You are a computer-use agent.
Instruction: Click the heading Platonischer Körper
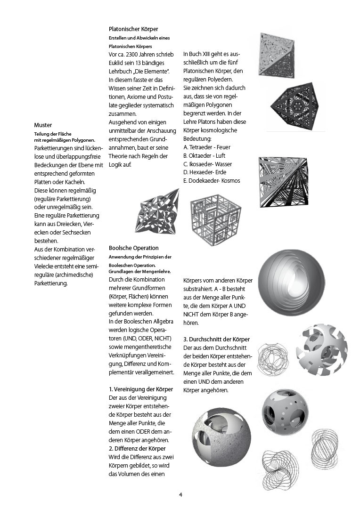click(x=133, y=29)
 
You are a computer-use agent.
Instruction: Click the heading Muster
click(x=42, y=125)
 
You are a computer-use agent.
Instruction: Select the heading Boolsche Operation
click(x=133, y=248)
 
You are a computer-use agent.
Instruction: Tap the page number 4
click(x=180, y=494)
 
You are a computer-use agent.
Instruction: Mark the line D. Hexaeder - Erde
click(x=205, y=172)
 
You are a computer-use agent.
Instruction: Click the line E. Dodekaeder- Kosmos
click(x=212, y=181)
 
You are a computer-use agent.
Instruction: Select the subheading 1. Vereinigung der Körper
click(x=140, y=389)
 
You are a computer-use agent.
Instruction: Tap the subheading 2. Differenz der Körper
click(x=137, y=449)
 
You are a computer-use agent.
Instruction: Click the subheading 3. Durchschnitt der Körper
click(x=217, y=339)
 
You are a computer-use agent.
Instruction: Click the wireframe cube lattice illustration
click(x=216, y=220)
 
